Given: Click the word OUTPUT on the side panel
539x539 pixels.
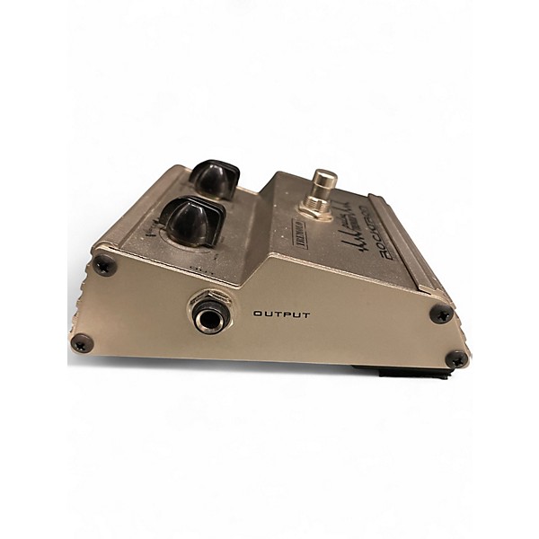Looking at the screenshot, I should (281, 314).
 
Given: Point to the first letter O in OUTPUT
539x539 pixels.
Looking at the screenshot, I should (258, 314).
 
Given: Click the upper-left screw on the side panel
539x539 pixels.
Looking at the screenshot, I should (105, 264).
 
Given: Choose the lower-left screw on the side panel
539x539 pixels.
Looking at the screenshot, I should (81, 342).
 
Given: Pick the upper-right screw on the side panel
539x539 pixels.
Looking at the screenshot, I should (440, 314).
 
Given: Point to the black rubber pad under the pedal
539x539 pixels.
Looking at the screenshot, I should (395, 367).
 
